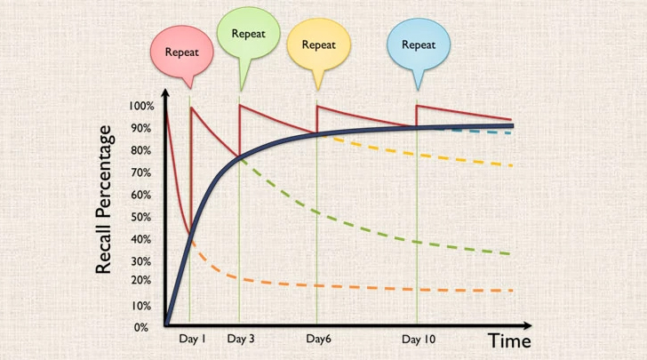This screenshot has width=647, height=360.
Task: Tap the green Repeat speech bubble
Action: click(x=248, y=35)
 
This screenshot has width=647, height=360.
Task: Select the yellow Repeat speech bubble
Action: click(x=319, y=44)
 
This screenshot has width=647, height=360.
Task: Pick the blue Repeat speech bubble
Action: click(x=418, y=44)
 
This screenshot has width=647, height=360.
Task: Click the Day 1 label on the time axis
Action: click(x=192, y=340)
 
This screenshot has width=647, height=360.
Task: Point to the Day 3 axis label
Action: click(x=240, y=340)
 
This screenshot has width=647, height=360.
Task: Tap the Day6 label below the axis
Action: click(x=318, y=340)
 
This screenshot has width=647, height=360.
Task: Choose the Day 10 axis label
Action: click(x=419, y=340)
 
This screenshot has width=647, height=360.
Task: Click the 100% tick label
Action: click(x=142, y=106)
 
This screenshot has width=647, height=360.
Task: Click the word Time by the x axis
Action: click(x=509, y=340)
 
